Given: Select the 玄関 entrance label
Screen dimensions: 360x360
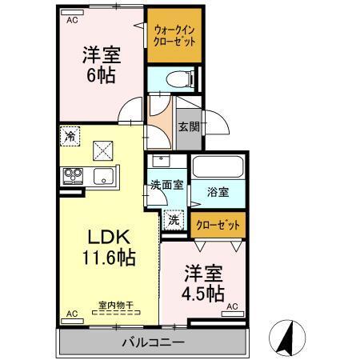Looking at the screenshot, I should click(188, 126).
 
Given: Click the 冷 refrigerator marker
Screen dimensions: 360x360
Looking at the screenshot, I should click(70, 136).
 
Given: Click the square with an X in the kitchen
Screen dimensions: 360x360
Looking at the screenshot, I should click(102, 149).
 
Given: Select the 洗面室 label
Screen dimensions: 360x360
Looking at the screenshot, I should click(166, 185).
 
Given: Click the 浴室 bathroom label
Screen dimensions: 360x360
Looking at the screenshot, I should click(218, 193).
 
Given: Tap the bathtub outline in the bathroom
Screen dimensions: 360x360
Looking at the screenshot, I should click(218, 170).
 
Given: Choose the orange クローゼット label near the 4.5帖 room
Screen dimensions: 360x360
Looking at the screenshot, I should click(218, 225).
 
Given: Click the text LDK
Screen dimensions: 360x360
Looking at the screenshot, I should click(109, 238).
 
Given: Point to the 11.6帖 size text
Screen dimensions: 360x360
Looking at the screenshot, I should click(109, 258).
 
